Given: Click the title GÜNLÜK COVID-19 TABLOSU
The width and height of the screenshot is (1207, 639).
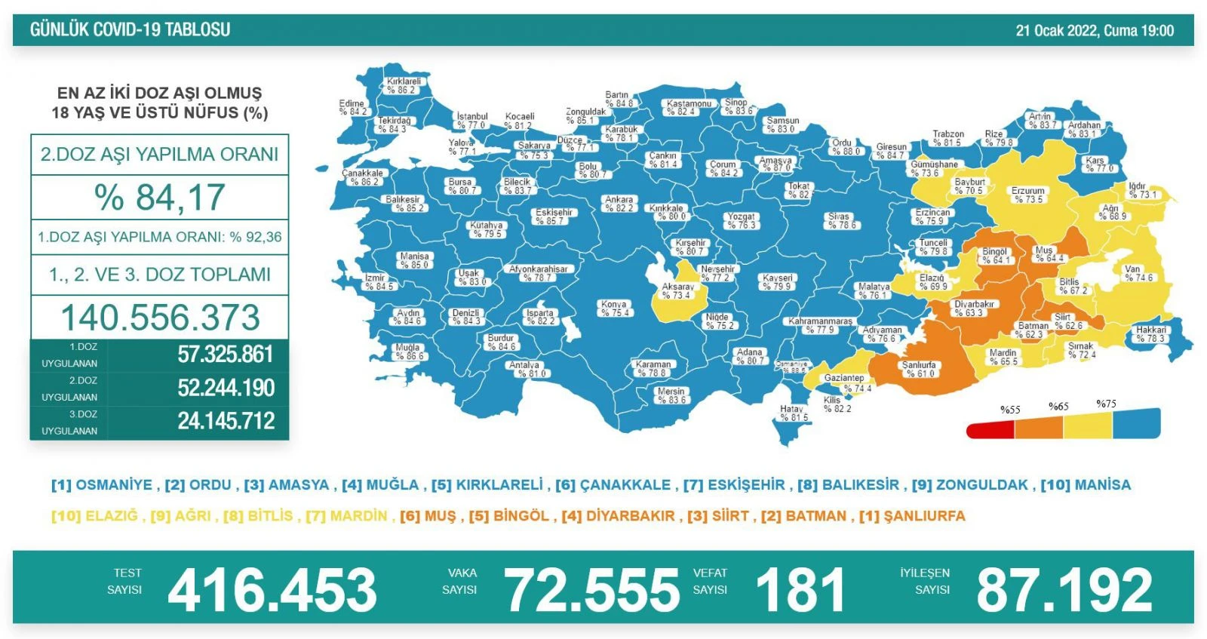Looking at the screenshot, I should point(130,30).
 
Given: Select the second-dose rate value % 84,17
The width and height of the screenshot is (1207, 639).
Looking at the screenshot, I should point(160,198).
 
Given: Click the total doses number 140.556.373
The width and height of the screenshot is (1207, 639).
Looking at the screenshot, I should point(160,318).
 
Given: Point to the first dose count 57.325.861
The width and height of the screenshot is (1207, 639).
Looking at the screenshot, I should point(226,355).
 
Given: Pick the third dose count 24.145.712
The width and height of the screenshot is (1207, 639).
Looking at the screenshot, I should point(226,421).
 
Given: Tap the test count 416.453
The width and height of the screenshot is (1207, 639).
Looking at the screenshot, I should point(272,590).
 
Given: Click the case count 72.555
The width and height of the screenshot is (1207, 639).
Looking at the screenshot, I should point(591,590).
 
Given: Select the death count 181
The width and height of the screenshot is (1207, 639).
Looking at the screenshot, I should point(800,590).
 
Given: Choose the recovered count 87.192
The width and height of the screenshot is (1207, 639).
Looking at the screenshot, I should point(1064,590).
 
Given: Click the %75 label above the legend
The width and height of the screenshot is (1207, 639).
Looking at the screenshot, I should point(1106,404).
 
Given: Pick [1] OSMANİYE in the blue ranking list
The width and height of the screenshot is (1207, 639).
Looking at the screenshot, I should point(102,485).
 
